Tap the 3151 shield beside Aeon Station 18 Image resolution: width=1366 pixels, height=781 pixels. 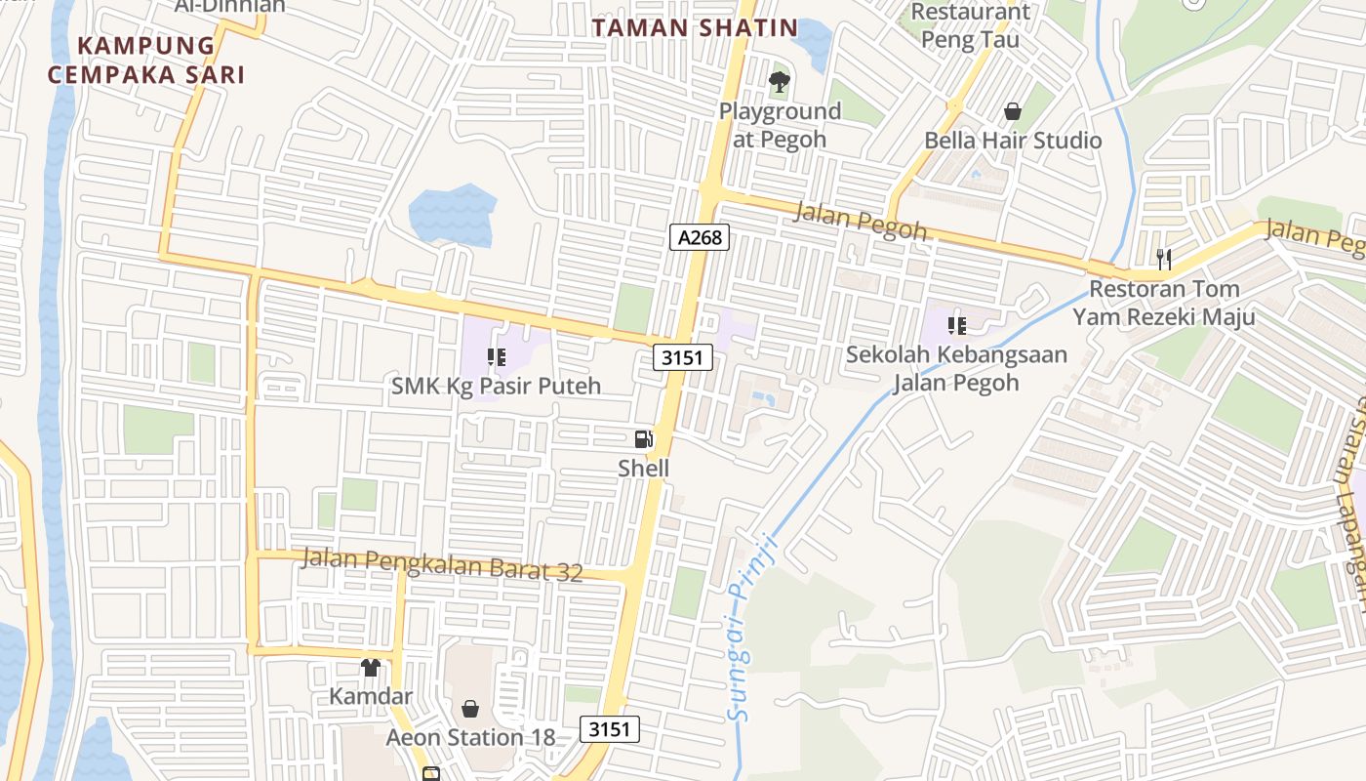(x=611, y=728)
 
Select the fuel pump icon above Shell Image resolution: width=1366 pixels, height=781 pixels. (x=643, y=440)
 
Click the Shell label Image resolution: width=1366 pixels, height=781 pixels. (x=644, y=469)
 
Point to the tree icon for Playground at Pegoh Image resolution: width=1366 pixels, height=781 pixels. (x=779, y=82)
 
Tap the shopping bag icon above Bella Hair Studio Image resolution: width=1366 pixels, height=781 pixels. (x=1013, y=111)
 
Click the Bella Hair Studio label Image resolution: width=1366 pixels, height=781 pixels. (x=1013, y=141)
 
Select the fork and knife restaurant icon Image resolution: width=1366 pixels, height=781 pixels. (x=1163, y=259)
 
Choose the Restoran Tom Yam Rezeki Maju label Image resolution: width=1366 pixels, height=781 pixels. (x=1164, y=303)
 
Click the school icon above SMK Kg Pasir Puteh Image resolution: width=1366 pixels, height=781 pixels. (x=496, y=357)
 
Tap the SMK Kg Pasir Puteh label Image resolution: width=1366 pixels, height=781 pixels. (x=496, y=386)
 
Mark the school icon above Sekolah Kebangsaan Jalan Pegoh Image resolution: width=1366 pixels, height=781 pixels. (x=956, y=326)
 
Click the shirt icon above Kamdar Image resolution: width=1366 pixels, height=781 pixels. (x=370, y=668)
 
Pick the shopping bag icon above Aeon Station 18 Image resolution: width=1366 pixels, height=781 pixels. (x=470, y=708)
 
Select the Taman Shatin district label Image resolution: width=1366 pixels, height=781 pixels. (x=695, y=28)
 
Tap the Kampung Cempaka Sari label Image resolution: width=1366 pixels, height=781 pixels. (x=146, y=60)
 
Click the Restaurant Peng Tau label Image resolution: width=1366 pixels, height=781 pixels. (x=970, y=26)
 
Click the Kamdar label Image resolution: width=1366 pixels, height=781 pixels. (x=371, y=697)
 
